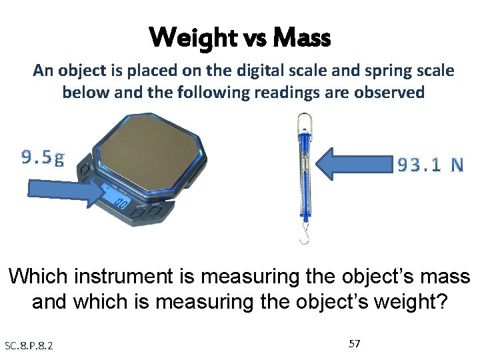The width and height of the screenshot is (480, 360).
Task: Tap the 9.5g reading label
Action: (x=43, y=158)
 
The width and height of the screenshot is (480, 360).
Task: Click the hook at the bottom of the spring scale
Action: (x=303, y=235)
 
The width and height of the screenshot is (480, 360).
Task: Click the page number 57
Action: (x=355, y=344)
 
